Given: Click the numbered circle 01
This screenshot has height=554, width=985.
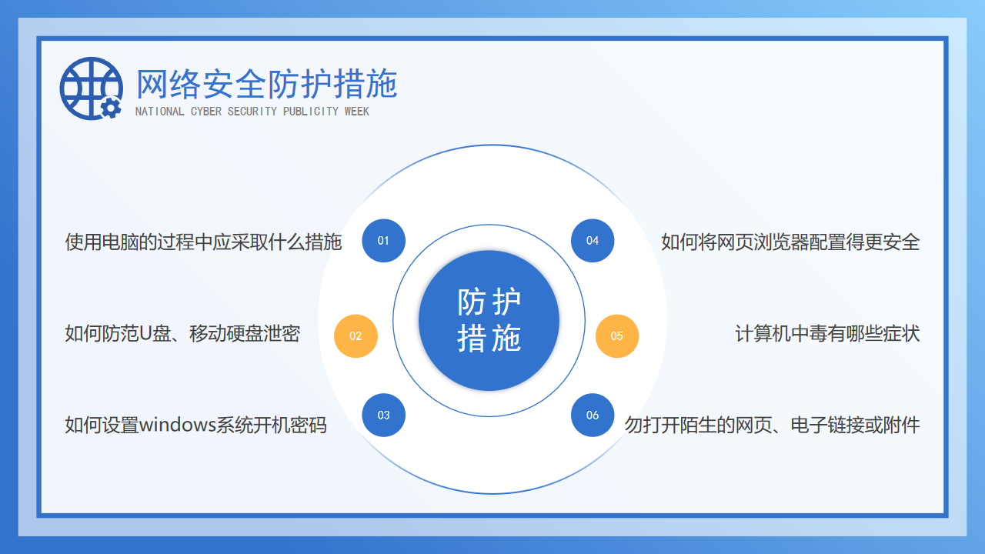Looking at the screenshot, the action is click(x=383, y=241).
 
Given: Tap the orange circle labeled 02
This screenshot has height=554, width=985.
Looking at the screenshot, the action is click(x=356, y=336).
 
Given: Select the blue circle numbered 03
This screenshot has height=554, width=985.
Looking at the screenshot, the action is click(x=383, y=415).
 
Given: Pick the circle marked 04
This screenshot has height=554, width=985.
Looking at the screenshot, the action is click(x=593, y=241).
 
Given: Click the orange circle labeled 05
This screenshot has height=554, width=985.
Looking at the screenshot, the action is click(x=617, y=336).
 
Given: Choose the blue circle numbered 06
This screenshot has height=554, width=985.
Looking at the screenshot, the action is click(x=593, y=415).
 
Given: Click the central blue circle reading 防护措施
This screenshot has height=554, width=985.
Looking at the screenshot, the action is click(x=489, y=321).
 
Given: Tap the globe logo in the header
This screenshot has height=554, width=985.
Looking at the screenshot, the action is click(x=91, y=88).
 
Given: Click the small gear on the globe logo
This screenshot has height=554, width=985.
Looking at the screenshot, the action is click(x=111, y=108).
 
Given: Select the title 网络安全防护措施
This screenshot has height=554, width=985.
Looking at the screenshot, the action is click(x=267, y=84).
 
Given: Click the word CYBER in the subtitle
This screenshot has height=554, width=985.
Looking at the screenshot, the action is click(x=206, y=112).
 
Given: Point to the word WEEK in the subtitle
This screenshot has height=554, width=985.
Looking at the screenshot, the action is click(x=356, y=112).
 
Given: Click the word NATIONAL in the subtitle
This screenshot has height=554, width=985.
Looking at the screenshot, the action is click(x=159, y=112).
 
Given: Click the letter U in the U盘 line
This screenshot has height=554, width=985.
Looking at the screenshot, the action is click(x=145, y=334).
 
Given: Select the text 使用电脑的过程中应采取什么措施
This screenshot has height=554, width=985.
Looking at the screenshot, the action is click(x=203, y=242).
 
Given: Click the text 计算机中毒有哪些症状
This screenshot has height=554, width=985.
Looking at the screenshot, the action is click(x=827, y=334).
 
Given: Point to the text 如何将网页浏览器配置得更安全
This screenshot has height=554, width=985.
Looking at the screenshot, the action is click(x=790, y=242).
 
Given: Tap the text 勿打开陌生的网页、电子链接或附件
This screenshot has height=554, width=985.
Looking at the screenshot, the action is click(x=772, y=426).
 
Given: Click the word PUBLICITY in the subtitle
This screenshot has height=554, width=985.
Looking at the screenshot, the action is click(x=310, y=112).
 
